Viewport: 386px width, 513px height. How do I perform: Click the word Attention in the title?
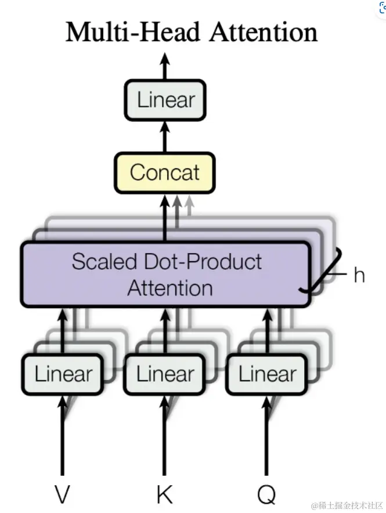[264, 32]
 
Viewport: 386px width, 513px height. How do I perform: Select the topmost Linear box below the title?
[165, 100]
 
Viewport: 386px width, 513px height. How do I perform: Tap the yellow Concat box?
[165, 172]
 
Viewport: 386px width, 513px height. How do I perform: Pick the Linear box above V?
[63, 374]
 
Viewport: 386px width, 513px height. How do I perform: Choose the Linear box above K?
[165, 374]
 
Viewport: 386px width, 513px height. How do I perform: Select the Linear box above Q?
[268, 374]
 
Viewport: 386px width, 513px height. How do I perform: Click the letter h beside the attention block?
[359, 275]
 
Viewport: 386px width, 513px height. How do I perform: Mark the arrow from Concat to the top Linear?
[165, 137]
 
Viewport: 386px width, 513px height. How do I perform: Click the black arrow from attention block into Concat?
[165, 218]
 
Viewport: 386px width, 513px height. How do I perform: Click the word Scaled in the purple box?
[100, 262]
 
